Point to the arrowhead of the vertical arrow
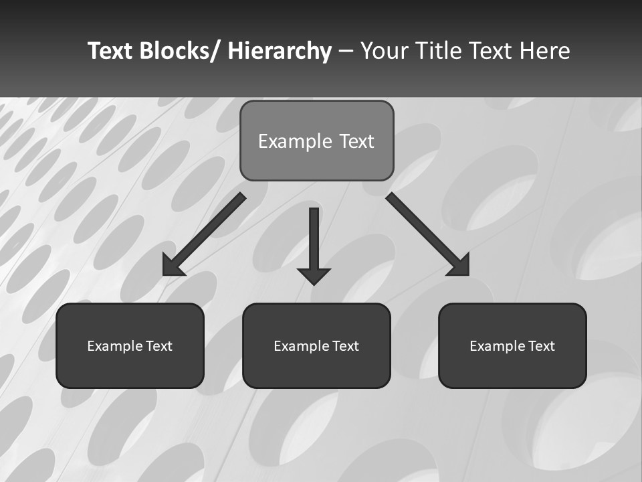click(314, 275)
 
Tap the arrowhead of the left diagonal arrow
click(173, 266)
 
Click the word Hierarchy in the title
click(280, 52)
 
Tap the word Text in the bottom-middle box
click(346, 346)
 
